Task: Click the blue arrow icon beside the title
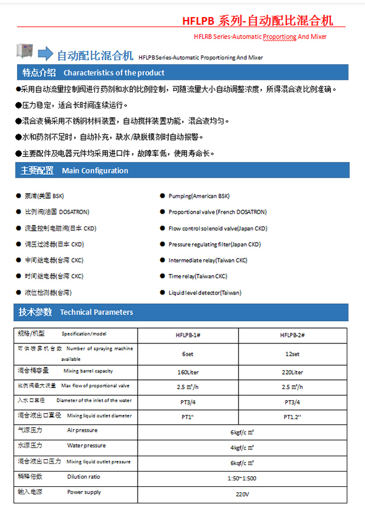point(45,55)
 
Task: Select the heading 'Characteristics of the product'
point(114,73)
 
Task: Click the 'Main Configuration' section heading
point(94,171)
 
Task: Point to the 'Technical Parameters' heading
point(96,312)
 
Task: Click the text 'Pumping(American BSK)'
point(199,196)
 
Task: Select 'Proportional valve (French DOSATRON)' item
point(217,212)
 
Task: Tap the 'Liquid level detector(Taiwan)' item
point(205,293)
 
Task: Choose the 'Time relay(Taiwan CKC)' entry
point(198,276)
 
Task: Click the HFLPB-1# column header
point(188,335)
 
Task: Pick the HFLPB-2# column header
point(292,335)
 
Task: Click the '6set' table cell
point(188,354)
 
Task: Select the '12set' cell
point(292,354)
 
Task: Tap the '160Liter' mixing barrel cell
point(188,372)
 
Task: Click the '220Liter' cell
point(292,372)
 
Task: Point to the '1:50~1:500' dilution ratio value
point(242,478)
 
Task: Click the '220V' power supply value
point(242,493)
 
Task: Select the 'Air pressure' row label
point(82,431)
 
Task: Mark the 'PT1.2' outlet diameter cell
point(292,417)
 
